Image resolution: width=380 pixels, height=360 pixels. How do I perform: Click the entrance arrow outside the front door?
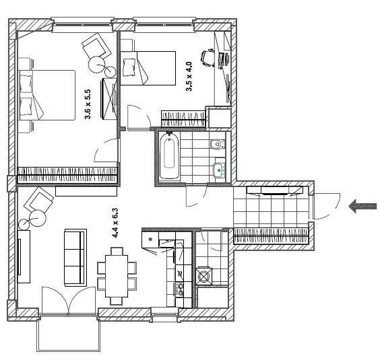coord(362,207)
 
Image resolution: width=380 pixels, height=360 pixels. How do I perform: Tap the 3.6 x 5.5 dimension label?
coord(88,104)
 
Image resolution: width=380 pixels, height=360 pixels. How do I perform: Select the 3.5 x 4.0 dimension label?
coord(189,76)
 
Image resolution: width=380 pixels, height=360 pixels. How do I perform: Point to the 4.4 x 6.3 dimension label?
coord(115,223)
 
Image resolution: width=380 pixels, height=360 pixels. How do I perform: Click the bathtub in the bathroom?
coord(169,156)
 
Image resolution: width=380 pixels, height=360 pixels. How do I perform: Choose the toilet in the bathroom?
coord(218,145)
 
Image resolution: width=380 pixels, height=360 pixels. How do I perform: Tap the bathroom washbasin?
coord(220,168)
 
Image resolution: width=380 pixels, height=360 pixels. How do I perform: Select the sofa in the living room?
coord(75,258)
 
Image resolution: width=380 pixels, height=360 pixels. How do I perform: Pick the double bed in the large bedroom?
coord(46,95)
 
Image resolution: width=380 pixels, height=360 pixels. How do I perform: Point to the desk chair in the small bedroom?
coord(208,58)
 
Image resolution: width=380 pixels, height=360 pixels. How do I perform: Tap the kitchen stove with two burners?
coord(180,289)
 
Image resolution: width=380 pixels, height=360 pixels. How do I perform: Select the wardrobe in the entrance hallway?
coord(271,236)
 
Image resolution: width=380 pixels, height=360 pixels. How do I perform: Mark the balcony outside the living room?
coord(68,334)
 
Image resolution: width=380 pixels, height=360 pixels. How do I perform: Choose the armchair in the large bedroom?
coord(96,46)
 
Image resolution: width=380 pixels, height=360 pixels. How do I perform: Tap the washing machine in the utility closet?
coord(204,276)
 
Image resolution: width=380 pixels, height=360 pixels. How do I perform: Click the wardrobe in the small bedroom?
coord(183,119)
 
